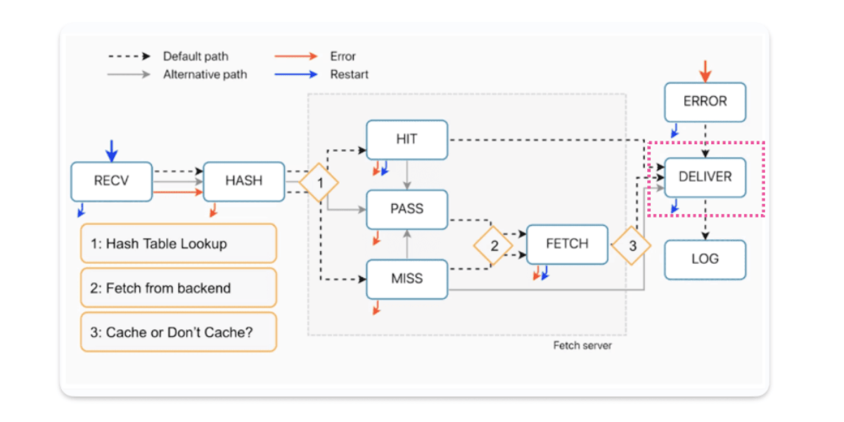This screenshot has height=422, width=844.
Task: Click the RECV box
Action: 111,181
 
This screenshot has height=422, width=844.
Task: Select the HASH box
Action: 243,181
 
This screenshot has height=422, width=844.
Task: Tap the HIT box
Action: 407,139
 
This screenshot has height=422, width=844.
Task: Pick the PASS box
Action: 407,209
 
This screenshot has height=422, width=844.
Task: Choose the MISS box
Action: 407,279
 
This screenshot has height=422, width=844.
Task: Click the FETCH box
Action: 567,244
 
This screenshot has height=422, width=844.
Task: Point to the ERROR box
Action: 705,101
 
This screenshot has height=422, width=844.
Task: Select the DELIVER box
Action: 705,177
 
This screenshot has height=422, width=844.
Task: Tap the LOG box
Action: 705,259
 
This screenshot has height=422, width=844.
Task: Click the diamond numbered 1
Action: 319,182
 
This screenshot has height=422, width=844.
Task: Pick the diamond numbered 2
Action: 494,245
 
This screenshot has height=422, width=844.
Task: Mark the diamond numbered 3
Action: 632,245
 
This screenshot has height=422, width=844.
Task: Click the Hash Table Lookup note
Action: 179,244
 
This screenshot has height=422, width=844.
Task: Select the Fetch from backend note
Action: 179,288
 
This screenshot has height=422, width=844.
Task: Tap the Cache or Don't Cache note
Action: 179,332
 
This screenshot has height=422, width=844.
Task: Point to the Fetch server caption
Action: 582,346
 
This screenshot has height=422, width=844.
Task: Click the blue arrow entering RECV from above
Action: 111,150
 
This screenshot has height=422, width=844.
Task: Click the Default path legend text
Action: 196,56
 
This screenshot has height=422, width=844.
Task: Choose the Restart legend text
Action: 350,74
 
